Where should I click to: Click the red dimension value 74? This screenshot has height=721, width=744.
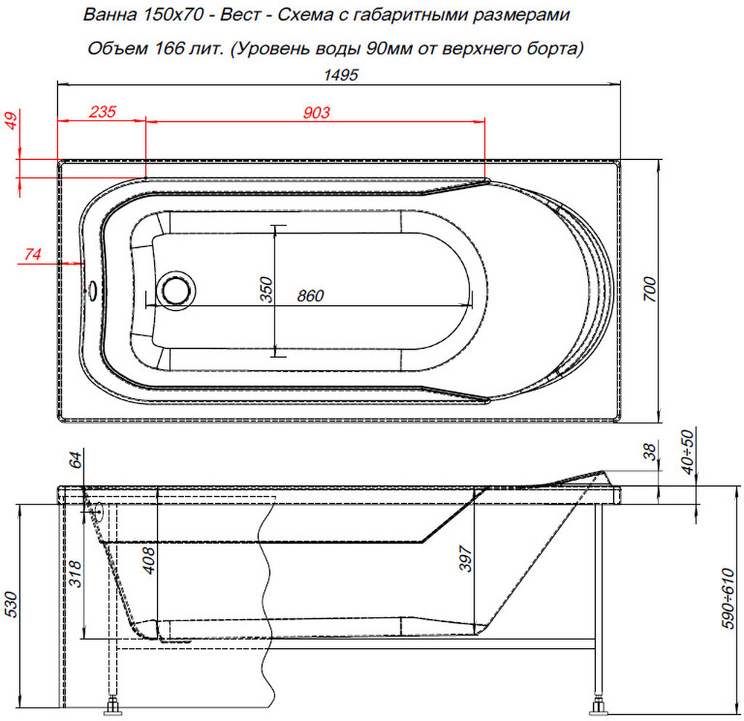[32, 254]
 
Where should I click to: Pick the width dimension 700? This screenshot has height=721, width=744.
[650, 287]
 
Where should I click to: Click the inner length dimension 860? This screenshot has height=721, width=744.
[310, 295]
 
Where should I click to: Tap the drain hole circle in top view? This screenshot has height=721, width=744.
[176, 288]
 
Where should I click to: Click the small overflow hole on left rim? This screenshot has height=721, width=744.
[92, 286]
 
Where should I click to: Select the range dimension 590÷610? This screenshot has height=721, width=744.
[729, 599]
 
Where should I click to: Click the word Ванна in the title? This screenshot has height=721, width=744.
[106, 14]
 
